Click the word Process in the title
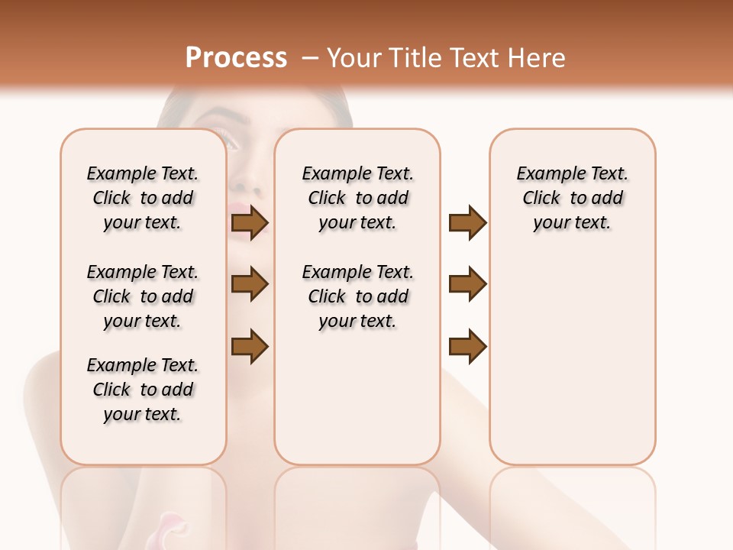(x=236, y=58)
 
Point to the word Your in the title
(x=350, y=58)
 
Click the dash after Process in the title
(x=309, y=59)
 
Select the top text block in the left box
(x=143, y=198)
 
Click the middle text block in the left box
(x=143, y=296)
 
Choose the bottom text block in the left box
(x=143, y=390)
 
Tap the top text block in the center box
(x=357, y=198)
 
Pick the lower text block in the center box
(x=357, y=296)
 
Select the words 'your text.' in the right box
(x=572, y=223)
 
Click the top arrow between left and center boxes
(x=250, y=223)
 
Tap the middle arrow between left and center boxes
(x=250, y=284)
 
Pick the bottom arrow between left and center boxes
(x=250, y=346)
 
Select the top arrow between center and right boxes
(x=467, y=223)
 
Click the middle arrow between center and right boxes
(x=467, y=284)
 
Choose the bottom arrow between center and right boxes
(x=467, y=346)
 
